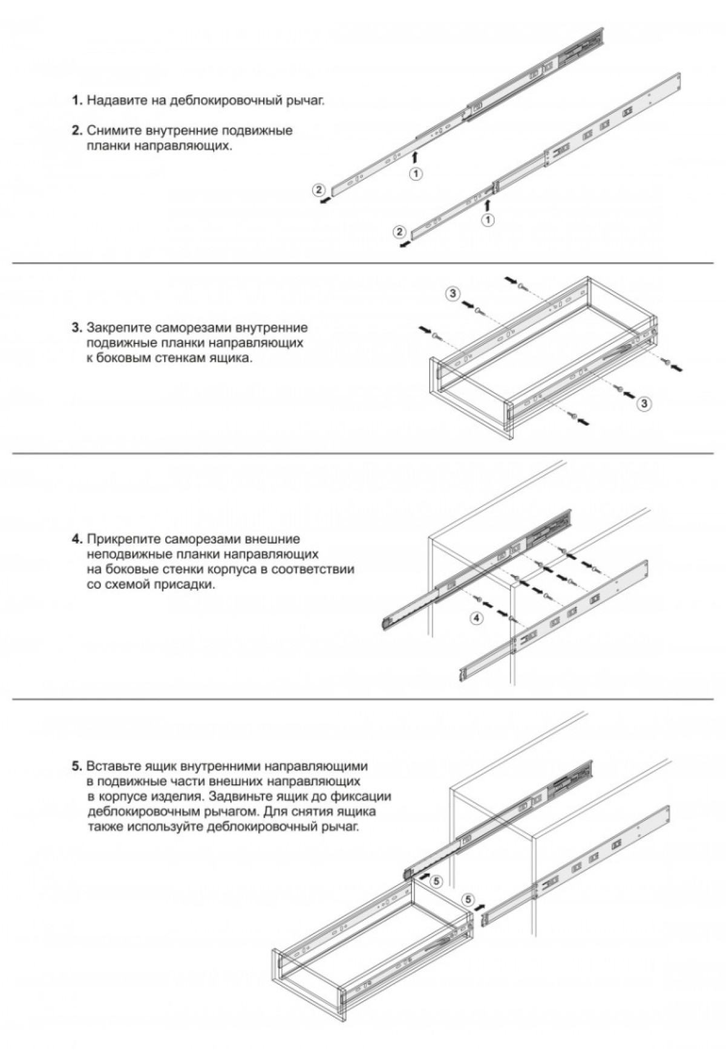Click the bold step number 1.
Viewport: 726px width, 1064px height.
point(76,100)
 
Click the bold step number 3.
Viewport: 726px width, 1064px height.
point(76,328)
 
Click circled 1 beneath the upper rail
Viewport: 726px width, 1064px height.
point(416,174)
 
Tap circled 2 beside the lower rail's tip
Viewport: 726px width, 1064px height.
point(398,232)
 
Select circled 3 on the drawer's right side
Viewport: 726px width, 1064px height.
point(645,404)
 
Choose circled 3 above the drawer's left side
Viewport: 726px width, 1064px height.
point(453,294)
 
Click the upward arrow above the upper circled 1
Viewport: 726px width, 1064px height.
point(416,157)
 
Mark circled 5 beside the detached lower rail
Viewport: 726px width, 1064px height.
point(469,899)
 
